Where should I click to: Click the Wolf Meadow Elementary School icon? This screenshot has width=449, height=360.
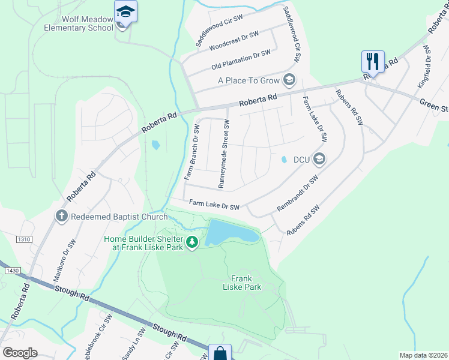tap(125, 11)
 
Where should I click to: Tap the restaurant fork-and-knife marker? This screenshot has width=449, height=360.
tap(372, 61)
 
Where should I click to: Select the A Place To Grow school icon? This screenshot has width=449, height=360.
tap(289, 80)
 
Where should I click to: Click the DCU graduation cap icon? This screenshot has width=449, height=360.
tap(319, 159)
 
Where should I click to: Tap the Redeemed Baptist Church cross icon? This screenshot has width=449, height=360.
tap(61, 216)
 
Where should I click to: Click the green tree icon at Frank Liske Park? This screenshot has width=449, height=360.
tap(192, 242)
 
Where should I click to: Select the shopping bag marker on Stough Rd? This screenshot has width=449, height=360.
tap(220, 353)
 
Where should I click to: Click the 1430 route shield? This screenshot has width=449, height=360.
tap(12, 271)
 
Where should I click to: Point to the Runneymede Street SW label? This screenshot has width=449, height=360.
tap(223, 154)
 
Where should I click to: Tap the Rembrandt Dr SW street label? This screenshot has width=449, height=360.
tap(298, 193)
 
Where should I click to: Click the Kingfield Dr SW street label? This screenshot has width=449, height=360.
tap(425, 67)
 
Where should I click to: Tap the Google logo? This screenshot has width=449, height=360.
tap(20, 353)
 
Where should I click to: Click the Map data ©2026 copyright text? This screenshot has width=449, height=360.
tap(423, 355)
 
